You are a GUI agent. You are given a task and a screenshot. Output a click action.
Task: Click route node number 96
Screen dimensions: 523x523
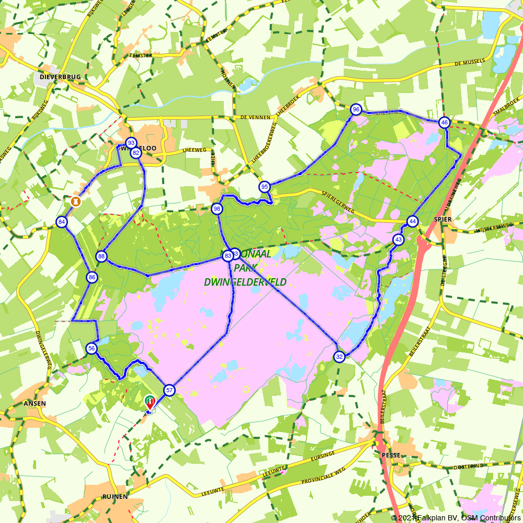356,109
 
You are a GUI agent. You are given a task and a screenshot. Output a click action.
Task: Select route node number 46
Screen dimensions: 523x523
444,122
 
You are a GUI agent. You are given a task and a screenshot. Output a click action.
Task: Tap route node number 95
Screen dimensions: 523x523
264,187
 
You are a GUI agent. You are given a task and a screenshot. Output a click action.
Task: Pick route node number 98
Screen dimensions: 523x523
217,209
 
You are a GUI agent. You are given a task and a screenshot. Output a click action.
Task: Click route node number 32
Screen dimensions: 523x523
339,357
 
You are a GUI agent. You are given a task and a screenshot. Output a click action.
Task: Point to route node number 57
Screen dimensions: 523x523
169,390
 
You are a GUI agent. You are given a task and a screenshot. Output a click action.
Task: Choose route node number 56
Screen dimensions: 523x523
92,348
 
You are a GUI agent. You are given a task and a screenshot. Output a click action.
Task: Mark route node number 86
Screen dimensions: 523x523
92,277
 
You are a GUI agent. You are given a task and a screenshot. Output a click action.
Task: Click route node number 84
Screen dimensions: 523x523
62,222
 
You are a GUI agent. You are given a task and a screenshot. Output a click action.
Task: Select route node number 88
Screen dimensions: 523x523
101,256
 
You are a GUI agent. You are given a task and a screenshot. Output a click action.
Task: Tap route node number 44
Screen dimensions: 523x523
413,221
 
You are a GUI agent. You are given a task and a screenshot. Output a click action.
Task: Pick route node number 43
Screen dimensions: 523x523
399,240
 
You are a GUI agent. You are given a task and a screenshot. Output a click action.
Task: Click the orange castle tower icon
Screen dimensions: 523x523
76,201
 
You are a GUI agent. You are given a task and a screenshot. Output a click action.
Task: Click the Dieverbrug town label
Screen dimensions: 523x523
60,77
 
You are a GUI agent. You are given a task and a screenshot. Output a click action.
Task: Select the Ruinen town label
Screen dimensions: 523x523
115,496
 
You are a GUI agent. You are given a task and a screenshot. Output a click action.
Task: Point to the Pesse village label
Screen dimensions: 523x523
391,455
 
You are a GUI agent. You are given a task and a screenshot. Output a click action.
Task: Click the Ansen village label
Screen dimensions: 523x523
35,404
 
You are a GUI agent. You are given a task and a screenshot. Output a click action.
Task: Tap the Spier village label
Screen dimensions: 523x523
442,219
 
